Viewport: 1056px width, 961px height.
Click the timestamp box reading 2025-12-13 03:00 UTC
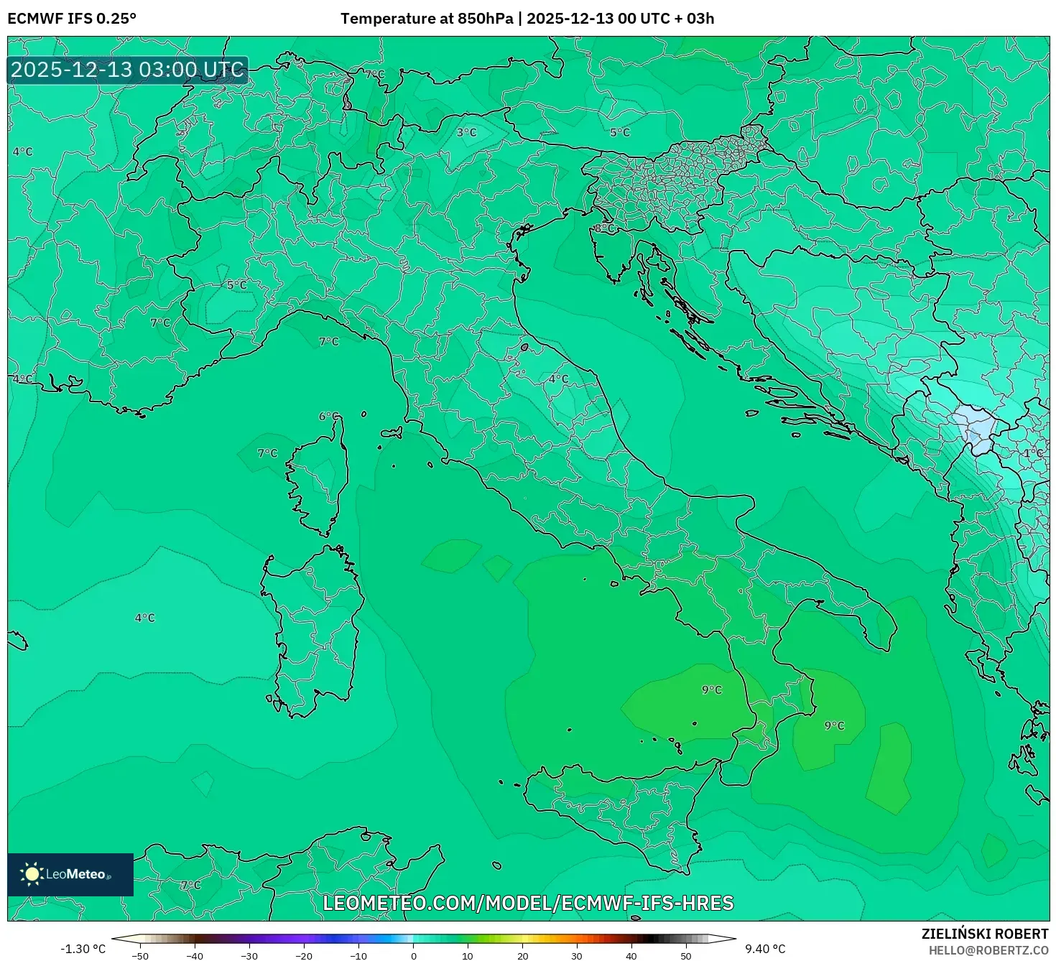127,70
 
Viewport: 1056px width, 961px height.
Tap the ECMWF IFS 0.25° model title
72,19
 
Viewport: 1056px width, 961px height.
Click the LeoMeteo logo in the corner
70,874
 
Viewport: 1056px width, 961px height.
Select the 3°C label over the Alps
467,132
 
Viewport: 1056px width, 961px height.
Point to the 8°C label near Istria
604,228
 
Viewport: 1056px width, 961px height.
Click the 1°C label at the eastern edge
1033,453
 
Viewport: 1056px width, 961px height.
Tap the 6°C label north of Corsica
328,417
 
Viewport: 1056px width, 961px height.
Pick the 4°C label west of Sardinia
144,618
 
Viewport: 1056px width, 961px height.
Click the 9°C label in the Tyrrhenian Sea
711,690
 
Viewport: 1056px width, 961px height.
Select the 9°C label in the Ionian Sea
833,725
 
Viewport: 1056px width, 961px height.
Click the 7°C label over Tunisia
190,885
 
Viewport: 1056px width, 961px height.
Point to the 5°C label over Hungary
619,132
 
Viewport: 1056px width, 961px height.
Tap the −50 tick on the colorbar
140,955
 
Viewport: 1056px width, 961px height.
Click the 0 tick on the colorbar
413,955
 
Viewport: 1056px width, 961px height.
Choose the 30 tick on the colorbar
577,955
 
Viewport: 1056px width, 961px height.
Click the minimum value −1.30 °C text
83,949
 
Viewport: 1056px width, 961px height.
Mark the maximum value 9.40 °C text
765,949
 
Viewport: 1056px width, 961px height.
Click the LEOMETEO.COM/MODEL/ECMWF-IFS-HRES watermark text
528,903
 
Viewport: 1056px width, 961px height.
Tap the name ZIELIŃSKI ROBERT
984,934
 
